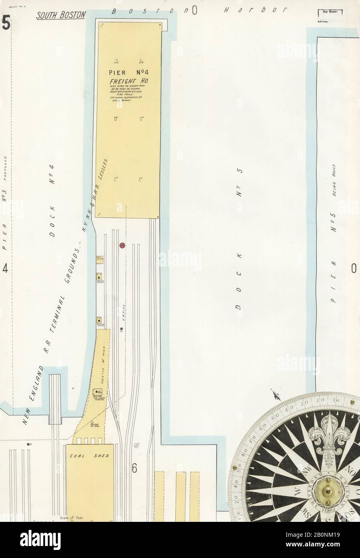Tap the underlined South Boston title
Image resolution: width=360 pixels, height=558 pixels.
[61, 15]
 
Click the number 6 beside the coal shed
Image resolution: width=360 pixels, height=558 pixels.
[134, 468]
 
